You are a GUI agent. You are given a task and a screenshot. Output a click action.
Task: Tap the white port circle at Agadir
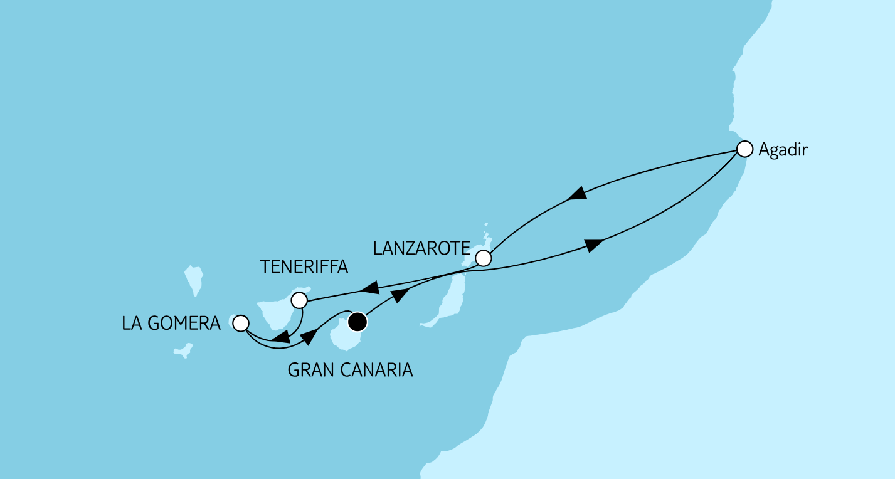pos(744,149)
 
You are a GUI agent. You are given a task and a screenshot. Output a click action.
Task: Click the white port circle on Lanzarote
pos(482,258)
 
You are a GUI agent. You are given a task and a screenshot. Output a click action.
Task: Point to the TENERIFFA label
pos(304,268)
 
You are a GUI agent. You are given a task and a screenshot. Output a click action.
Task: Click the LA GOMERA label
pos(171,324)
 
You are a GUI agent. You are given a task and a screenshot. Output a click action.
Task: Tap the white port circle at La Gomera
pos(240,324)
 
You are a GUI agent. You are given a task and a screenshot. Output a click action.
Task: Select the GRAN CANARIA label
pos(350,370)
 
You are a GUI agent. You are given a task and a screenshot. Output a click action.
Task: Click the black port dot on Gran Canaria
pos(356,322)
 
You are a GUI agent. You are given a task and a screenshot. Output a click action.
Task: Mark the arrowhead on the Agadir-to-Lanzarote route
pos(577,194)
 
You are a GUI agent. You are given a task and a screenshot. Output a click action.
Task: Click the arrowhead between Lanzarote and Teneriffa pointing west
pos(369,290)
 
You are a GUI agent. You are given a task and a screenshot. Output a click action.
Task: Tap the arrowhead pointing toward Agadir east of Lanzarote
pos(593,244)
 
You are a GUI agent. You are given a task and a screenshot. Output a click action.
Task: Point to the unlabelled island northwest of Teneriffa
pos(194,279)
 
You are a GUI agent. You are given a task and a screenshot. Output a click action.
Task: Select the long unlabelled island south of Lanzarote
pos(448,301)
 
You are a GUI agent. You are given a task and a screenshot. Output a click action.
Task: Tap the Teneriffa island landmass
pos(277,310)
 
